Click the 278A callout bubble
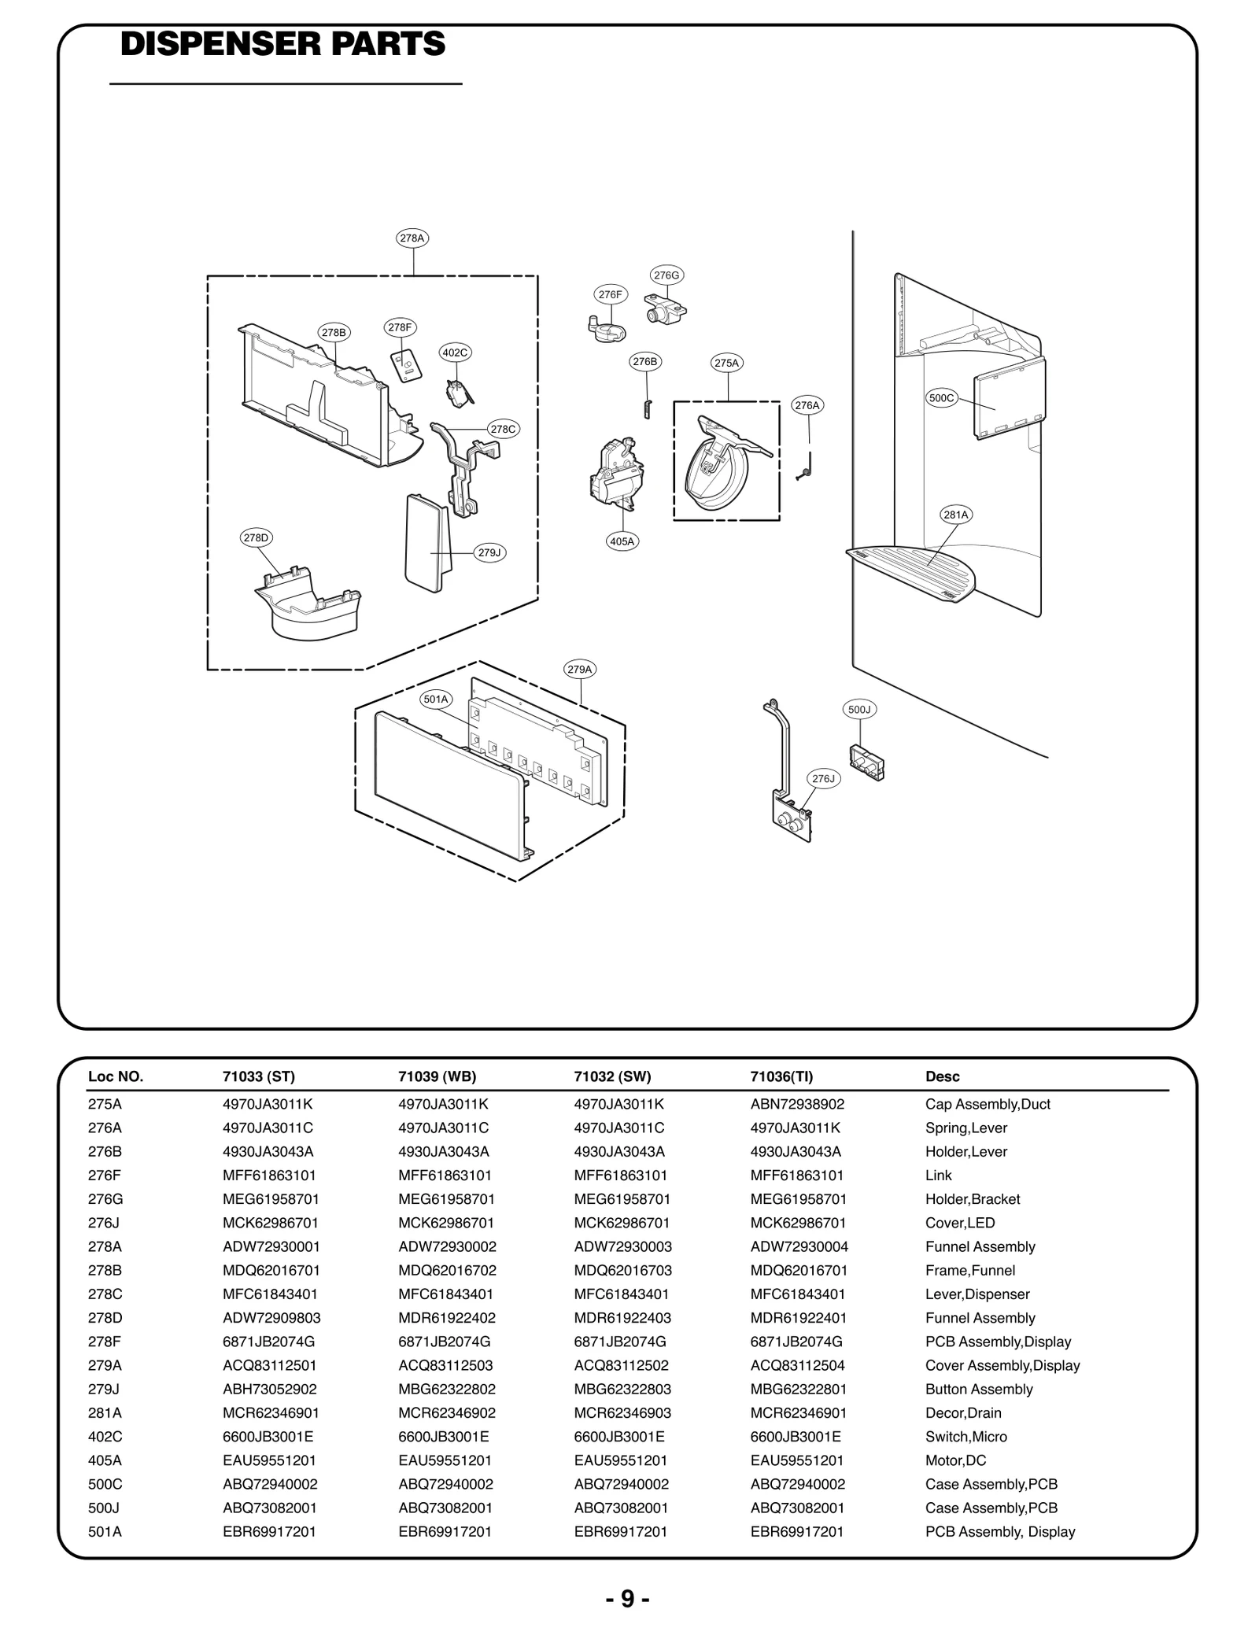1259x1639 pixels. (412, 238)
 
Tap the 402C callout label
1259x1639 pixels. (455, 353)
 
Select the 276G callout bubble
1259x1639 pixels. (666, 275)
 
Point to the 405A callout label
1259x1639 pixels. (622, 541)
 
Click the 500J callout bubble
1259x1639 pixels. (859, 709)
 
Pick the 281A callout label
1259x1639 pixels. (956, 515)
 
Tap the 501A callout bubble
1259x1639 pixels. (436, 699)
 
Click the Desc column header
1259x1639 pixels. (942, 1076)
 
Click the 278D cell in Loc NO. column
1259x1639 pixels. (105, 1318)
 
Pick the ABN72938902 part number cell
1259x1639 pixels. (797, 1104)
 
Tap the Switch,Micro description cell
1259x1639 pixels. (965, 1437)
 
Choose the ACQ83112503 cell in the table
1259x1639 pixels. (446, 1365)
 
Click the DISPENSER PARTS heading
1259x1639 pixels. (283, 45)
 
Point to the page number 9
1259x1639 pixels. (627, 1599)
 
